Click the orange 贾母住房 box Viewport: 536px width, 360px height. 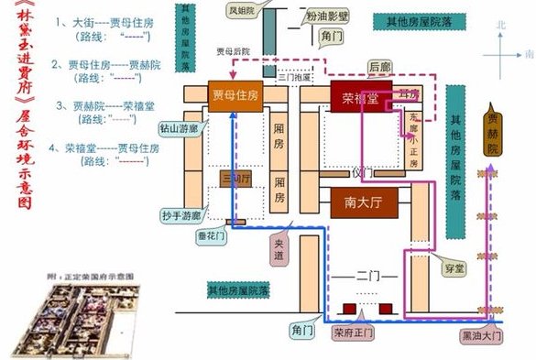(x=235, y=96)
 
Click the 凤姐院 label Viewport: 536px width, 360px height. (x=245, y=11)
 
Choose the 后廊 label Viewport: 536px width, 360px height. (x=378, y=67)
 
